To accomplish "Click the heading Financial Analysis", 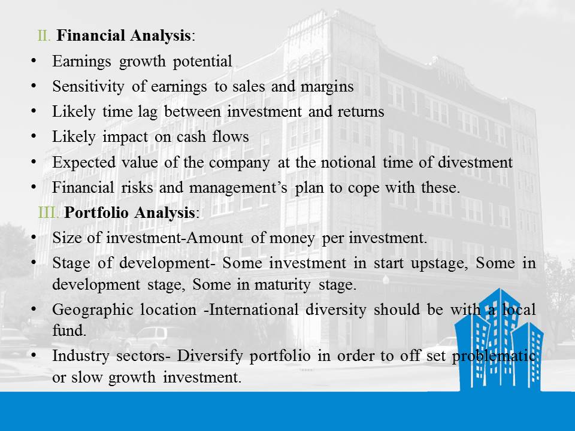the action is (123, 36).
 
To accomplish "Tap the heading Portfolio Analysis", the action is (129, 213).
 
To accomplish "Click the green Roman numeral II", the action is (44, 36).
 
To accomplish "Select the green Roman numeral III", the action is (49, 213).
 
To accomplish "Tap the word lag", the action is (147, 112).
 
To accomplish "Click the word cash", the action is (191, 137).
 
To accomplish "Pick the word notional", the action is (348, 162).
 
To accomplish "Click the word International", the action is (253, 310).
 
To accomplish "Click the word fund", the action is (69, 331).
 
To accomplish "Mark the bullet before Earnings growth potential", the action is (34, 61).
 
